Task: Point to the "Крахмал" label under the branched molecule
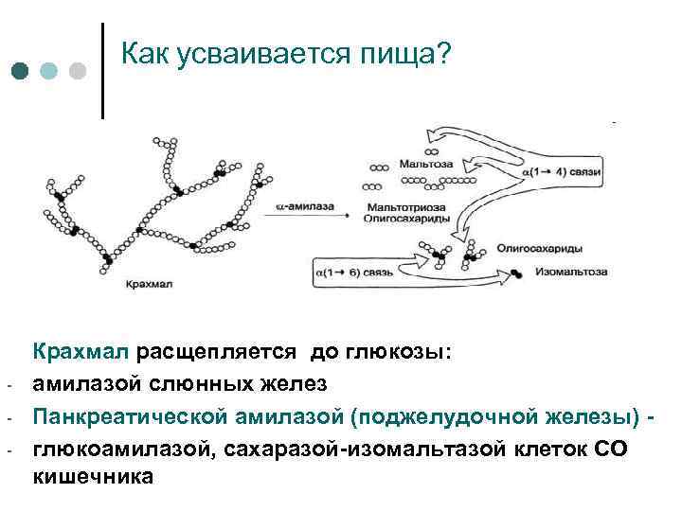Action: coord(145,282)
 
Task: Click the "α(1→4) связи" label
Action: coord(563,174)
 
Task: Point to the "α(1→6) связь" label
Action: coord(350,274)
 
